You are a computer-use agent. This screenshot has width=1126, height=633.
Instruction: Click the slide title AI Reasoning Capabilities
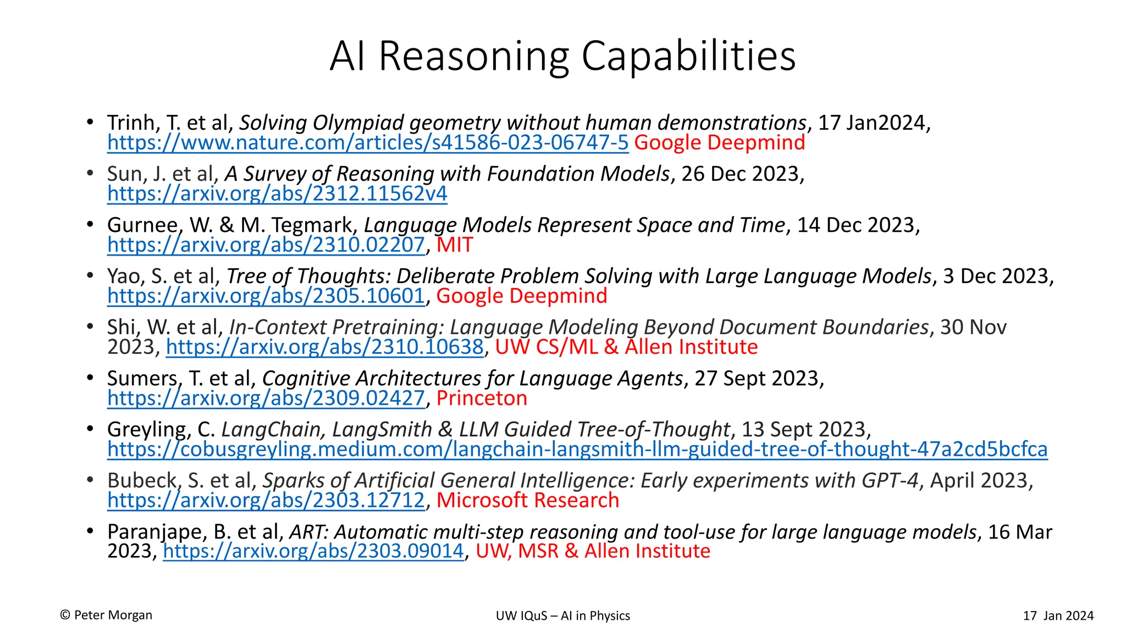(562, 56)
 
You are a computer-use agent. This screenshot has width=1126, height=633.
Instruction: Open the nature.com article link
(368, 143)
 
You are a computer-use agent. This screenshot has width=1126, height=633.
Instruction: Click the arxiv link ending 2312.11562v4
(277, 194)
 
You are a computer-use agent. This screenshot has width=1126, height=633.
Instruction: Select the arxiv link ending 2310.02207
(266, 245)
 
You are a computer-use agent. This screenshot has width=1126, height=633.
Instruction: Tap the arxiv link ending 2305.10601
(266, 296)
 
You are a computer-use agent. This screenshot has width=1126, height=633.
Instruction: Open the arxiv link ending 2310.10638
(324, 347)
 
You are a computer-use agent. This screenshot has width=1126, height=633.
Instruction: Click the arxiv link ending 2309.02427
(266, 398)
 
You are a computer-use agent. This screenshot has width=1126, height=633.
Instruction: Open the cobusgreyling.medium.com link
(577, 449)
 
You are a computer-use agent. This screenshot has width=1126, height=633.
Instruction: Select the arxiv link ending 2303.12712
(266, 501)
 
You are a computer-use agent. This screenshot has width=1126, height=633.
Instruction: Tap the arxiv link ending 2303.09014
(313, 551)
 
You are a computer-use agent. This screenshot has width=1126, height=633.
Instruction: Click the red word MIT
(455, 245)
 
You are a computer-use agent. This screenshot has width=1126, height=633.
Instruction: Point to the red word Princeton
(482, 398)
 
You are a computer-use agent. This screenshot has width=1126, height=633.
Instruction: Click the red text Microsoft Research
(528, 501)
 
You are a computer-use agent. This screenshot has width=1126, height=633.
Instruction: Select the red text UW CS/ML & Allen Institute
(626, 347)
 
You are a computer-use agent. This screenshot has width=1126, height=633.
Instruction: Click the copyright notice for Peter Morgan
(106, 615)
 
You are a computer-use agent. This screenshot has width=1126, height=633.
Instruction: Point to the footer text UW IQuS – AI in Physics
(562, 616)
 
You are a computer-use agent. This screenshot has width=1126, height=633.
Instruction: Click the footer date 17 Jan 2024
(1058, 616)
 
